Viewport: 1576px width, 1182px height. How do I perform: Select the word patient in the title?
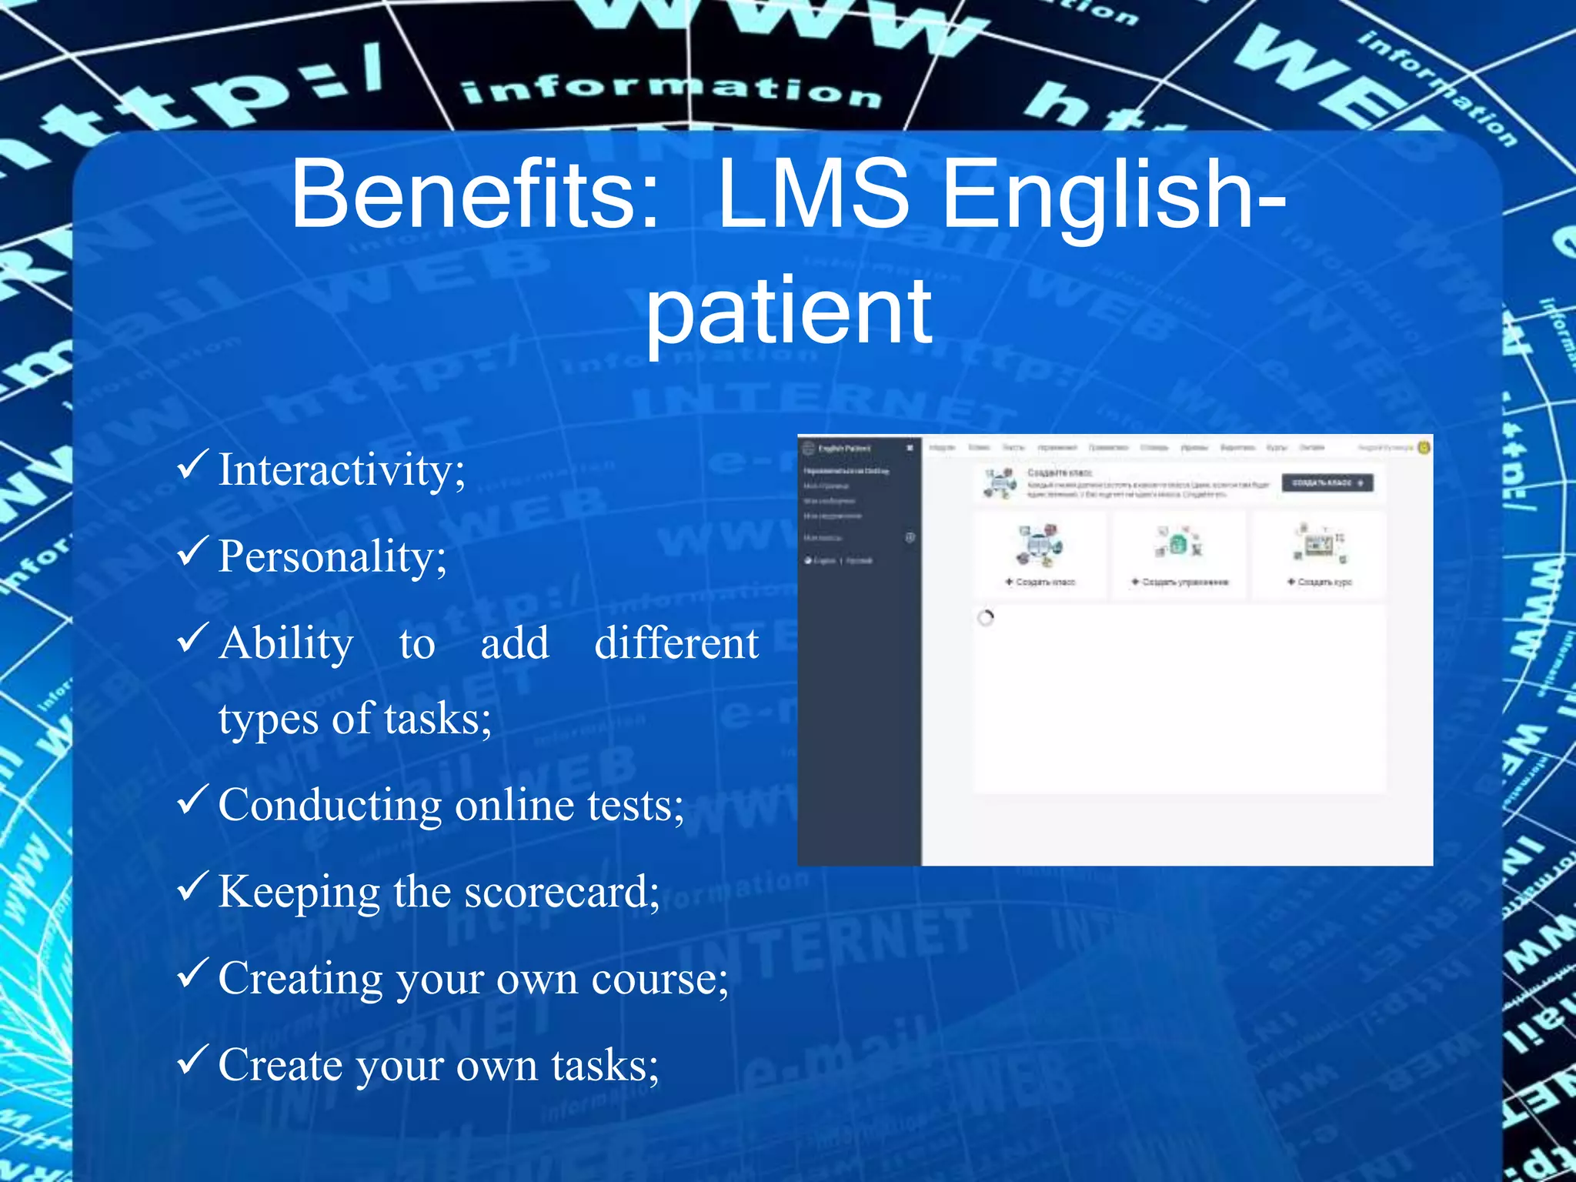pos(788,312)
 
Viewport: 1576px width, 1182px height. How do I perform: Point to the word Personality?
pos(332,556)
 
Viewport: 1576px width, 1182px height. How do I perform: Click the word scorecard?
pos(562,892)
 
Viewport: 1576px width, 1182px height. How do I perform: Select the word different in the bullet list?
pos(676,643)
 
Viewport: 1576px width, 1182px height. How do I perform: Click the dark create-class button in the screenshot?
pos(1327,482)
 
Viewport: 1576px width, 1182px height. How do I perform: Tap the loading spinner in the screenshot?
pos(986,618)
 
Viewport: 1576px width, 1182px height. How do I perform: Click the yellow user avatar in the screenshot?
pos(1424,447)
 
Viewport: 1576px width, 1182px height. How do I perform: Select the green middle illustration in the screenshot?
pos(1179,543)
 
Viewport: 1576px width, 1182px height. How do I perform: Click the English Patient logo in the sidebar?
pos(808,448)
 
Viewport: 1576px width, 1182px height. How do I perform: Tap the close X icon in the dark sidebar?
pos(910,448)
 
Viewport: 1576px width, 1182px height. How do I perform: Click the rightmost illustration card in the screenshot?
pos(1319,554)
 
